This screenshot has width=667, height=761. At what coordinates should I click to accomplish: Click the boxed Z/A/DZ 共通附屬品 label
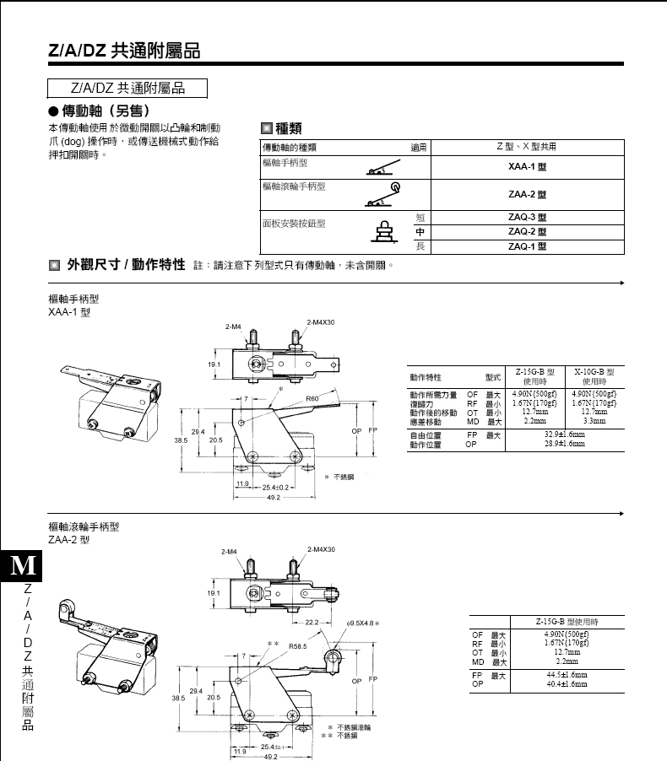127,88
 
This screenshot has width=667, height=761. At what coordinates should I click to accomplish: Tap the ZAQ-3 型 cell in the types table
527,217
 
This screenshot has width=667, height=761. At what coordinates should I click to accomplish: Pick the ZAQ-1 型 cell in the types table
527,246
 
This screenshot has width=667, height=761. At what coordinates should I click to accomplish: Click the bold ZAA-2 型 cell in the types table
527,194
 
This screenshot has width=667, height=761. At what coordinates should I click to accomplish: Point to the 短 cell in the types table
420,217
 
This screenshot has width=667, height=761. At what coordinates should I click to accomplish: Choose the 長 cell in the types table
420,246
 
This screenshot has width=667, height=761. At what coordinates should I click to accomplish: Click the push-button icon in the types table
385,230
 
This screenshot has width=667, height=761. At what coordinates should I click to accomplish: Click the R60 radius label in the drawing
312,397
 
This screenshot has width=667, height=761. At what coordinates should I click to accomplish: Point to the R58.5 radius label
298,645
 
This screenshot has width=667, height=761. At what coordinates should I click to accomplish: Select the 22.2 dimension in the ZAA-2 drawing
311,623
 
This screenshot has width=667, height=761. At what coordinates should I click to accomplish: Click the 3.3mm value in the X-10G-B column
594,419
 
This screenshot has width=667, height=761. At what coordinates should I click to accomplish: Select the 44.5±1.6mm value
566,675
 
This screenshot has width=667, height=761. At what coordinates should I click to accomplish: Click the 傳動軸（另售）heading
98,111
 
